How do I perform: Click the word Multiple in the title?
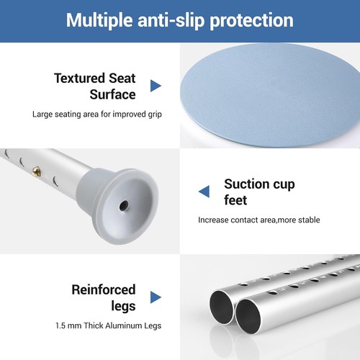coord(99,20)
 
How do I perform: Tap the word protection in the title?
coord(251,20)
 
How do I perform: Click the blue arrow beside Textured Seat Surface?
coord(156,86)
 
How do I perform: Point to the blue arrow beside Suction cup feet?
coord(204,192)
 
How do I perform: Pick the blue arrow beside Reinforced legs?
coord(156,297)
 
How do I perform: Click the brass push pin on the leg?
coord(36,171)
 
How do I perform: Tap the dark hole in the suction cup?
coord(124,205)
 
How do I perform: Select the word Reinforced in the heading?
coord(104,289)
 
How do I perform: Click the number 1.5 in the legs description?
coord(60,325)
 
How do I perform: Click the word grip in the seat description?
coord(155,114)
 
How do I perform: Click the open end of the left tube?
coord(221,307)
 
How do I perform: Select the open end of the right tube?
coord(248,316)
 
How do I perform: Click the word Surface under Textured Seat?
coord(112,94)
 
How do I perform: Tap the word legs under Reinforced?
coord(123,307)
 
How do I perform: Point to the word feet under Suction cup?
coord(235,200)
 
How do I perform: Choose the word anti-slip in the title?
coord(171,20)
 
